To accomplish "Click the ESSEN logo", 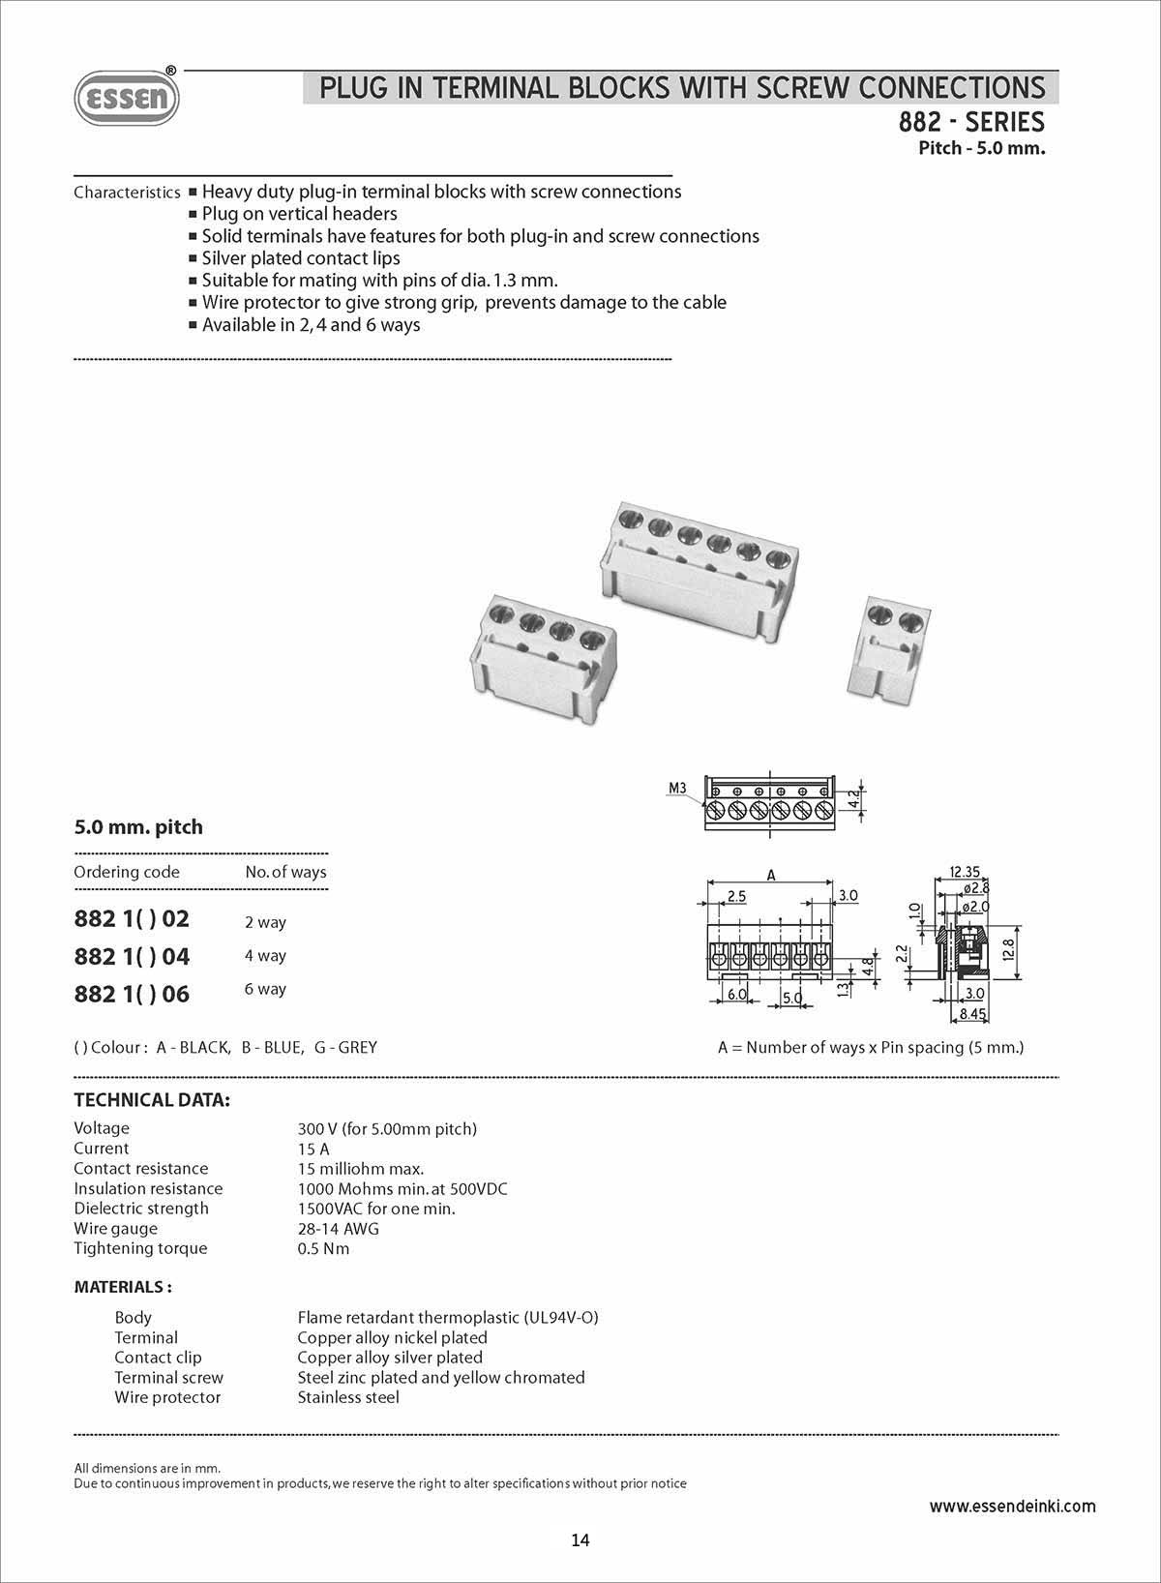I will (x=127, y=99).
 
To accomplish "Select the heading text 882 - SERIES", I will (x=971, y=123).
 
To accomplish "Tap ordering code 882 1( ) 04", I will (x=132, y=956).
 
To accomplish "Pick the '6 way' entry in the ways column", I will (x=265, y=989).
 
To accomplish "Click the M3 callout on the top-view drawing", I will (x=677, y=788).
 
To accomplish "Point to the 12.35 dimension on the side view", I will (x=966, y=871).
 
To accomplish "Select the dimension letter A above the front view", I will (x=771, y=875).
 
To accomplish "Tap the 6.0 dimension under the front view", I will (x=737, y=995).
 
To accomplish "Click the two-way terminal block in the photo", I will (x=888, y=647).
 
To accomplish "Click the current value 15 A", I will (x=313, y=1149).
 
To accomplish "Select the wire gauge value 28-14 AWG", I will (x=338, y=1229).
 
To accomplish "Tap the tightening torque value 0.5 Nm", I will (x=323, y=1248).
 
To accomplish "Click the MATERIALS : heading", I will (x=123, y=1287).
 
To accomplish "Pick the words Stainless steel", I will (x=347, y=1397).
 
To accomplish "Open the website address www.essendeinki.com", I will (x=1012, y=1506).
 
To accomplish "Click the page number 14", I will (x=580, y=1540).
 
